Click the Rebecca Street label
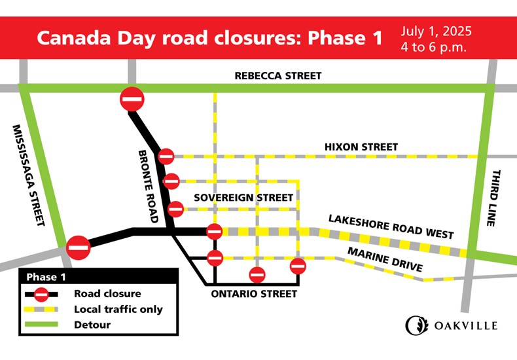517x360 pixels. (x=278, y=76)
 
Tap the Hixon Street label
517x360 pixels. (x=361, y=147)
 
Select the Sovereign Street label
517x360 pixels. (x=243, y=197)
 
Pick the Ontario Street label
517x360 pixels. (x=254, y=294)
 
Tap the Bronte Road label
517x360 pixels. (x=149, y=186)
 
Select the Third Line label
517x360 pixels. (x=495, y=198)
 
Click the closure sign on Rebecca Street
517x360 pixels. (x=132, y=99)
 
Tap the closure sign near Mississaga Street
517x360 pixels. (x=78, y=247)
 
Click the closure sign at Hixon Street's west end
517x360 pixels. (x=166, y=156)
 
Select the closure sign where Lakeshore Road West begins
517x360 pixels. (x=214, y=231)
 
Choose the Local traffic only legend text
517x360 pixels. (x=118, y=309)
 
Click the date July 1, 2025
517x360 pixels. (x=437, y=31)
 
